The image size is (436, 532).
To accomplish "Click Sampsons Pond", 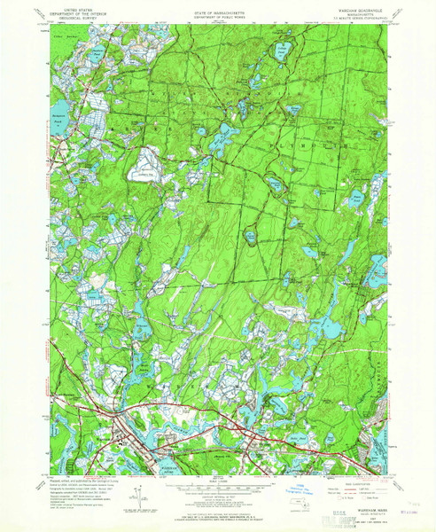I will click(x=58, y=125).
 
